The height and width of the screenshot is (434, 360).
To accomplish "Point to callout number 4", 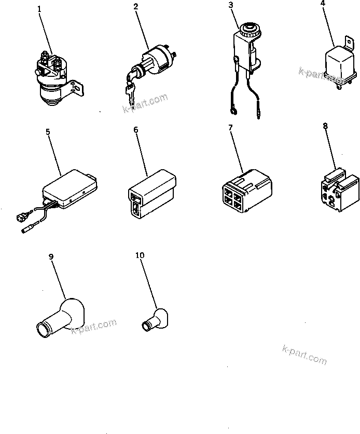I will (323, 3).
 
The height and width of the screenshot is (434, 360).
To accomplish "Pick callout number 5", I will (48, 132).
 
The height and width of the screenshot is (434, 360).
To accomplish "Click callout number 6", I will (136, 130).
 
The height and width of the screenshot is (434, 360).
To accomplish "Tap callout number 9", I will (50, 256).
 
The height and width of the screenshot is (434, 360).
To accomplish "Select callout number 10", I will (140, 255).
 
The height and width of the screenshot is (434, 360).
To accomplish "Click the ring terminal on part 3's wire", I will (232, 110).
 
